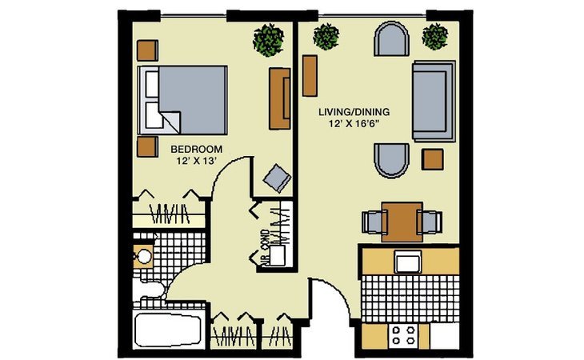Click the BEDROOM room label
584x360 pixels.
pos(196,150)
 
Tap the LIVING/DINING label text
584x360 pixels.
pos(354,112)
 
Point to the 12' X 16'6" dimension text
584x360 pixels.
pos(354,124)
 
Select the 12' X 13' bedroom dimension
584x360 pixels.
pos(197,161)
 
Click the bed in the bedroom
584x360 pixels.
pos(182,100)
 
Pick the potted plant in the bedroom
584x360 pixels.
pos(269,40)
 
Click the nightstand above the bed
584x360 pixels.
pos(147,50)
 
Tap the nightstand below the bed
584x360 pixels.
pos(147,146)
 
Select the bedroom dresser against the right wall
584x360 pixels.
pos(280,98)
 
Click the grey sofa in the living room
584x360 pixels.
pos(434,101)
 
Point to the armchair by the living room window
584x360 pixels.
pos(391,38)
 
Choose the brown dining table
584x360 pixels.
pos(402,222)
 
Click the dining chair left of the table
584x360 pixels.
pos(374,222)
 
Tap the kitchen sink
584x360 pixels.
pos(408,262)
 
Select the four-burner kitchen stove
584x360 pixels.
pos(404,335)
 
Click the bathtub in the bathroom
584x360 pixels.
pos(169,330)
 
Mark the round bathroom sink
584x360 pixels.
pos(144,256)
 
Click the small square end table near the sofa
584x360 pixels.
pos(433,159)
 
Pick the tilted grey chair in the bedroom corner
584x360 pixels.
pos(278,178)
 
